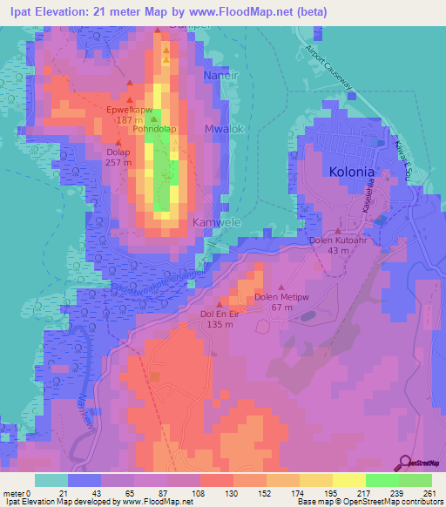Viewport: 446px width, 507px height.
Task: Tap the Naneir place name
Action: point(220,76)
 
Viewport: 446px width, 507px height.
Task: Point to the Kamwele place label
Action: point(213,222)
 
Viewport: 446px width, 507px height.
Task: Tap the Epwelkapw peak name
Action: point(129,111)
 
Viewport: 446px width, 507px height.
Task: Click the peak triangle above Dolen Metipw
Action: point(281,287)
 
